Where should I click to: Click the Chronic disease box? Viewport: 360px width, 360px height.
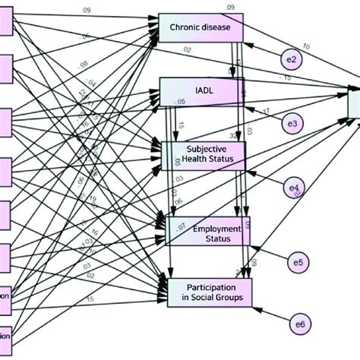(x=201, y=30)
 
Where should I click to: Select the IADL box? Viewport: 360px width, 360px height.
(x=201, y=93)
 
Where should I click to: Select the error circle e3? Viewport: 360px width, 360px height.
(x=289, y=122)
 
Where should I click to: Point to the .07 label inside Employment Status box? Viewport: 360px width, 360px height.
(x=182, y=228)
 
